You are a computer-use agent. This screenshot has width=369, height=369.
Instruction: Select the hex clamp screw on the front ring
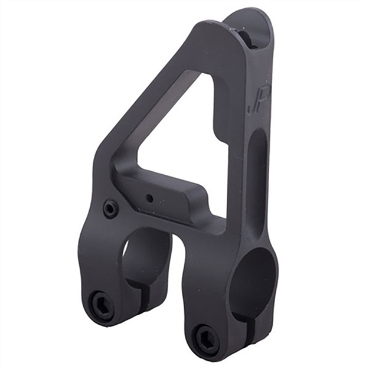208,337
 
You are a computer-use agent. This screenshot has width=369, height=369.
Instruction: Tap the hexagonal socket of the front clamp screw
208,337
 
